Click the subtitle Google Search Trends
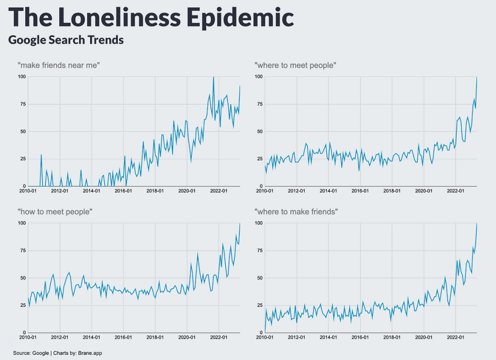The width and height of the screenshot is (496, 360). pos(66,40)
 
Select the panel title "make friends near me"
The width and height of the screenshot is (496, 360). pos(59,65)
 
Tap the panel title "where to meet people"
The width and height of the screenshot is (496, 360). pos(295,65)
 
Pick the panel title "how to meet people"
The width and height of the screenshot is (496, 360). pos(55,212)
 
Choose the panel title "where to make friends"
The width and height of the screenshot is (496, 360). pos(296,212)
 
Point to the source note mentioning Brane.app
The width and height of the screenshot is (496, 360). pos(58,353)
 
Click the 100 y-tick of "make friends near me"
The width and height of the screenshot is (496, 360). pos(21,77)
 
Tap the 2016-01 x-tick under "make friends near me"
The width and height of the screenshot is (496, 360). pos(124,191)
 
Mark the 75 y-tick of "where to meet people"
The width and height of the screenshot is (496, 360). pos(260,104)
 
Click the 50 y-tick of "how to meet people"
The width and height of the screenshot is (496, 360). pos(22,278)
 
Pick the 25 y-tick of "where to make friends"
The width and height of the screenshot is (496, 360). pos(260,305)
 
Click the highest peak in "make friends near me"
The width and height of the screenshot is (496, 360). pos(214,77)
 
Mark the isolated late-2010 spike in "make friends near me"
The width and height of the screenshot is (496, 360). pos(41,155)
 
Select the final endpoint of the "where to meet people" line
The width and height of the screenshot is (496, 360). pos(477,77)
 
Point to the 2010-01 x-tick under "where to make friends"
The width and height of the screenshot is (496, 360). pos(265,338)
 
